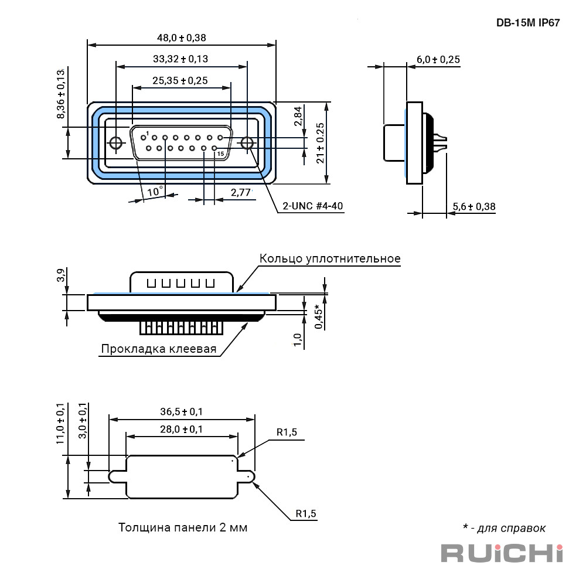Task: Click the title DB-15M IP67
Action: click(528, 23)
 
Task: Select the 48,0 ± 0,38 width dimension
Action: click(181, 38)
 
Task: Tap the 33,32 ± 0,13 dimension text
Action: click(180, 59)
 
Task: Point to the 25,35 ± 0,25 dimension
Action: click(180, 80)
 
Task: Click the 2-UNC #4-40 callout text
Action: click(313, 206)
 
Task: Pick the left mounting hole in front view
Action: click(116, 143)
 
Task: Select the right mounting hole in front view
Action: click(247, 143)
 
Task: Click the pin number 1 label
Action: click(148, 134)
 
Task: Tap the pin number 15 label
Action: click(220, 154)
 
